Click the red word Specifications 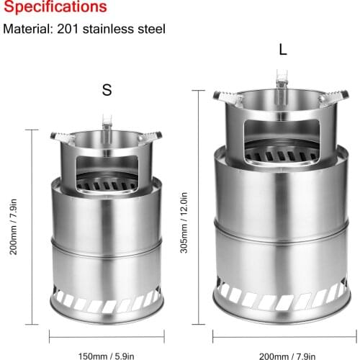[x=55, y=8]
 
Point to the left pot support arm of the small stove [x=60, y=135]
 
